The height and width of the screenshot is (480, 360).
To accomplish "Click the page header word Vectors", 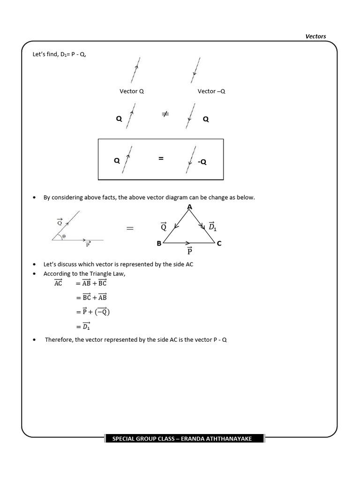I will [x=315, y=36].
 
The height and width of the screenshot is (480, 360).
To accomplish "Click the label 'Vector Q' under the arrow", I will [x=132, y=91].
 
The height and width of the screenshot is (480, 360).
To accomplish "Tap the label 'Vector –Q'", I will [x=211, y=91].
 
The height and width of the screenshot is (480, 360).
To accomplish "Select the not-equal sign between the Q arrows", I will [x=165, y=114].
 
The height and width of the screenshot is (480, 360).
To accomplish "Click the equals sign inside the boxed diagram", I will [x=161, y=159].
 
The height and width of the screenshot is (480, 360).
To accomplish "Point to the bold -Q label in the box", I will [x=202, y=162].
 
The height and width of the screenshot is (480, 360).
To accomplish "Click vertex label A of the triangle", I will [x=189, y=207].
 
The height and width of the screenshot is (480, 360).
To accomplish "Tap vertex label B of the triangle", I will [x=159, y=244].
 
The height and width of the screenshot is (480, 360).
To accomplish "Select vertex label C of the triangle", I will [x=219, y=244].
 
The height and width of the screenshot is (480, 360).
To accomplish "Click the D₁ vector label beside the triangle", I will [x=212, y=226].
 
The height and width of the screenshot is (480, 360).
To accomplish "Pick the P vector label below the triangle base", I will [x=189, y=252].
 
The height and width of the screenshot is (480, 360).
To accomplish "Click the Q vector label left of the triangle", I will [x=164, y=227].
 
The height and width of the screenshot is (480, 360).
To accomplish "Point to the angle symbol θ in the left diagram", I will [x=64, y=237].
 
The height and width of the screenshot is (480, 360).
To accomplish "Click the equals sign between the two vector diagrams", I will [x=130, y=228].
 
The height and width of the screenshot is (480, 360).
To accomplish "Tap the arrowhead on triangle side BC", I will [x=188, y=243].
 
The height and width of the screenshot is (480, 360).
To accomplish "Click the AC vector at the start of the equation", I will [x=58, y=283].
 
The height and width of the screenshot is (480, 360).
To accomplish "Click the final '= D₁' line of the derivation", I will [x=83, y=326].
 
